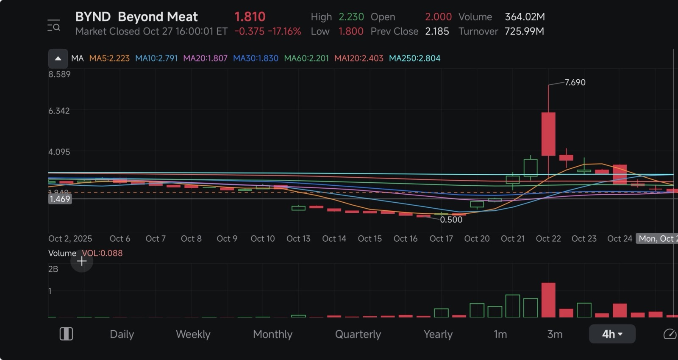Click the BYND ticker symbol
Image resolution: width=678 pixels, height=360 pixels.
tap(93, 17)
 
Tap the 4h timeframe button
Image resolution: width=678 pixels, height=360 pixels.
tap(612, 334)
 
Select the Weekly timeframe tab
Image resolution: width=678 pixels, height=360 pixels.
tap(193, 334)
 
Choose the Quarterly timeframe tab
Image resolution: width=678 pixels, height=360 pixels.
tap(358, 334)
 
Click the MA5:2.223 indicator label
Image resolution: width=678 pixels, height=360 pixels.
tap(109, 59)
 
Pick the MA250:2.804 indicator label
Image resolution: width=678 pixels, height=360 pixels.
tap(414, 59)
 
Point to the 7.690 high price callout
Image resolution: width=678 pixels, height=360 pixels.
tap(575, 82)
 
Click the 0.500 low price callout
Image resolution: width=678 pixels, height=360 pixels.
tap(451, 220)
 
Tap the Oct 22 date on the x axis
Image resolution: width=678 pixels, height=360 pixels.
tap(548, 239)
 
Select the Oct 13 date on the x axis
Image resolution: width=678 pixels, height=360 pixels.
tap(298, 239)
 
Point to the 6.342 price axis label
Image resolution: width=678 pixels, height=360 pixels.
tap(59, 111)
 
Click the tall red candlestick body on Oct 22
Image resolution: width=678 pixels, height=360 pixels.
tap(548, 134)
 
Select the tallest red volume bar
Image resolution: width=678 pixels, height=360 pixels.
tap(548, 300)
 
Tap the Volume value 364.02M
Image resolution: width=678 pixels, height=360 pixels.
tap(525, 17)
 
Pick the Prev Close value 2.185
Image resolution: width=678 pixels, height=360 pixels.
tap(437, 31)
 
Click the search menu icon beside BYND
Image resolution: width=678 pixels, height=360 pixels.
tap(54, 25)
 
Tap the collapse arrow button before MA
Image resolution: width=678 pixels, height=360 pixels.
tap(58, 59)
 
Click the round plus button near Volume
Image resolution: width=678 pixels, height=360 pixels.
tap(82, 261)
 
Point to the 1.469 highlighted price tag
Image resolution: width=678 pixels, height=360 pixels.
tap(60, 199)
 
